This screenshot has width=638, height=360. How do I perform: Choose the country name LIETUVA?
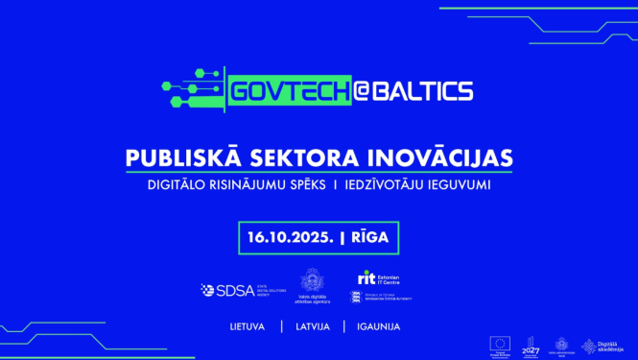(x=248, y=326)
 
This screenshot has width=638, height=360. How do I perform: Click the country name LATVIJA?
(x=314, y=326)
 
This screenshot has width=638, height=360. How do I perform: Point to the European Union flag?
(x=499, y=344)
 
